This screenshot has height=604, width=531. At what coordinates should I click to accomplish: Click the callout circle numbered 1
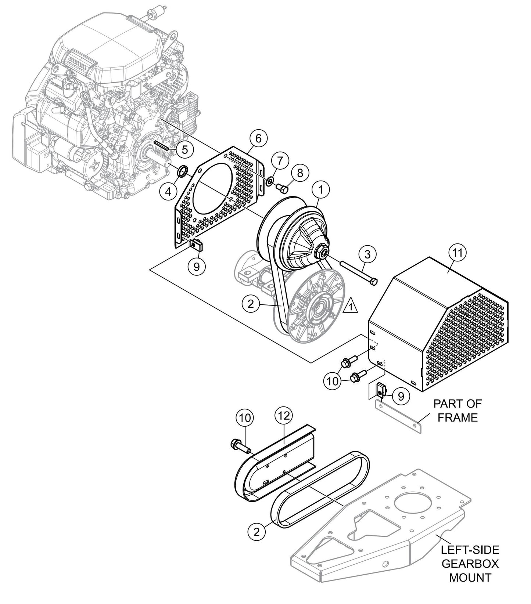pyautogui.click(x=320, y=190)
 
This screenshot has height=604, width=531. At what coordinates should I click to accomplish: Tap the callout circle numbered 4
pyautogui.click(x=168, y=192)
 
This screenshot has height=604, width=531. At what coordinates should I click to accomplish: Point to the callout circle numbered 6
pyautogui.click(x=258, y=138)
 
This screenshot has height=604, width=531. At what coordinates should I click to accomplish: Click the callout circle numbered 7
pyautogui.click(x=280, y=161)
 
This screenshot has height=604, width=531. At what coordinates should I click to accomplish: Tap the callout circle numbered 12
pyautogui.click(x=284, y=416)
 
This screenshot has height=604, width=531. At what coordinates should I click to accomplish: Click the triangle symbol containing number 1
pyautogui.click(x=351, y=306)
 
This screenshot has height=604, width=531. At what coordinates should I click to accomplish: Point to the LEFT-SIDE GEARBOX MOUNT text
pyautogui.click(x=470, y=564)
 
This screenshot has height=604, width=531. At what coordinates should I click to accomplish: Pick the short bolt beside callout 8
pyautogui.click(x=282, y=188)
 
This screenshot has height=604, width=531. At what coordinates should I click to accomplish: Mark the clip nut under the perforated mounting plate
pyautogui.click(x=197, y=244)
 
